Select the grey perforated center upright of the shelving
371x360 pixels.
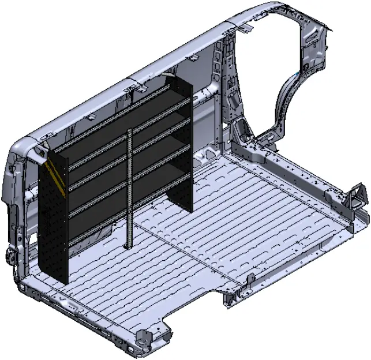point(130,185)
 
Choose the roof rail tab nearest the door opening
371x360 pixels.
point(242,28)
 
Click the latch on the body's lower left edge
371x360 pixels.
point(10,254)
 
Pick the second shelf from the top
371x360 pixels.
point(124,138)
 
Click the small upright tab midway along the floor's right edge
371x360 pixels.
point(251,279)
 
